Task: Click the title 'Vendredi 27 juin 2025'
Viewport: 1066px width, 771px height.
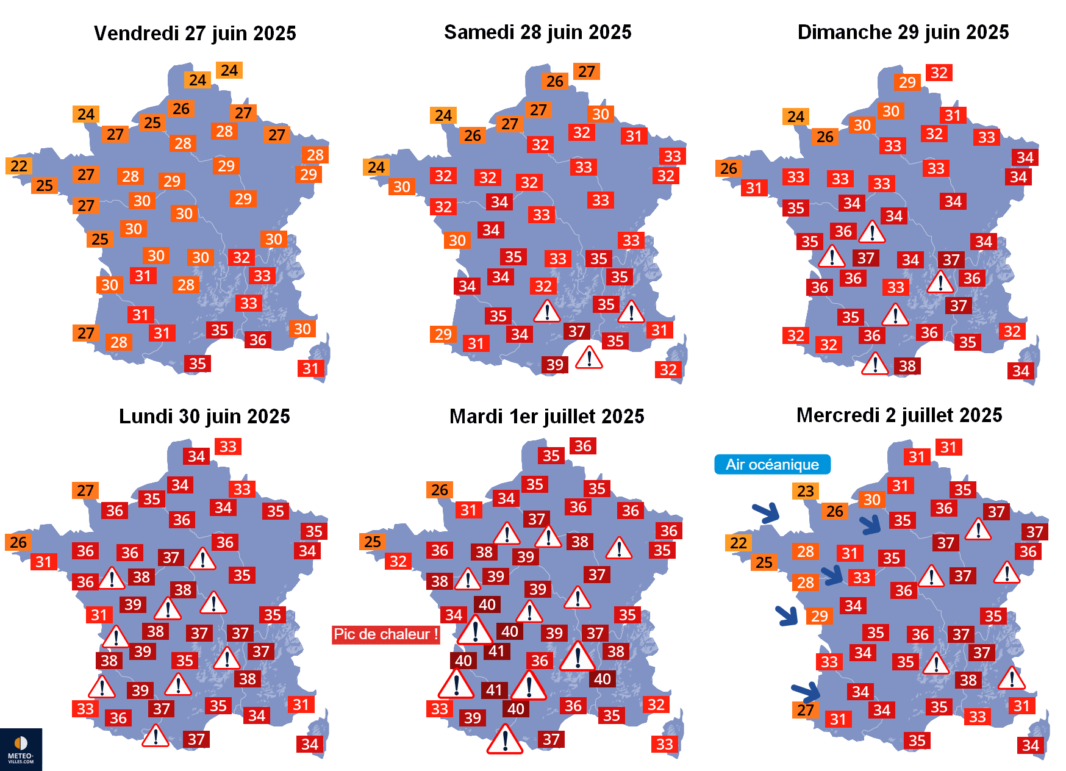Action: point(195,33)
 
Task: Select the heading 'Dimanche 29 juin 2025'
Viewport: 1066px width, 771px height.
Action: point(903,32)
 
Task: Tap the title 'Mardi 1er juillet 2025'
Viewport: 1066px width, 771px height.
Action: point(546,416)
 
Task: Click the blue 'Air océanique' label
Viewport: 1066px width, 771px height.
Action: point(772,464)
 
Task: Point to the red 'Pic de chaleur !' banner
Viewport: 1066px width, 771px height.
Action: point(385,634)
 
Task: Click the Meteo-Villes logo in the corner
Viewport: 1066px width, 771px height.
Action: point(21,749)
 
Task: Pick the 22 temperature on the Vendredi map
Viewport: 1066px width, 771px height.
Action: point(19,166)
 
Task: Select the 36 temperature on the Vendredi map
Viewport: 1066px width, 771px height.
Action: point(258,340)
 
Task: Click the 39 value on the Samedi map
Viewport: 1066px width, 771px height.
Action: point(555,365)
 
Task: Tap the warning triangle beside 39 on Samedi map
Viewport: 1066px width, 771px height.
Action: point(589,358)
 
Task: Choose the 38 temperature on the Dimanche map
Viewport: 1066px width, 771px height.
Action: point(907,366)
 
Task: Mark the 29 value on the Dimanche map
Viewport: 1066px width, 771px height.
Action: point(907,82)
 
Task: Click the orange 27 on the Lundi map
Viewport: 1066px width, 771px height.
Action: point(85,490)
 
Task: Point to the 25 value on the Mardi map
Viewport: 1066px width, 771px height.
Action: point(373,542)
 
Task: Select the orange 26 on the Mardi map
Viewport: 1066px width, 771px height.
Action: point(440,490)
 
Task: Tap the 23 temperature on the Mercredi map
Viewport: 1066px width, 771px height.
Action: point(806,491)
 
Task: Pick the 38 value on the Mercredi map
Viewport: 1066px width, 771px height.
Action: point(968,680)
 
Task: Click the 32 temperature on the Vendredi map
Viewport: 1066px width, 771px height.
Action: point(241,257)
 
